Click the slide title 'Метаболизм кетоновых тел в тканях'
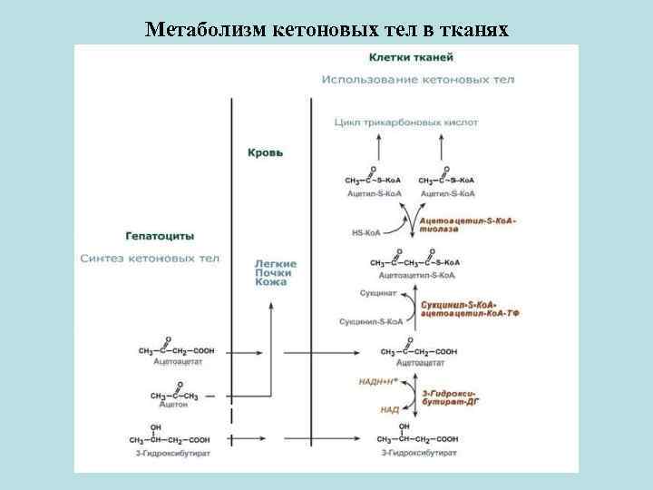pyautogui.click(x=327, y=30)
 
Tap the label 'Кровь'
pyautogui.click(x=265, y=152)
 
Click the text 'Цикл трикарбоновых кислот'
pyautogui.click(x=405, y=122)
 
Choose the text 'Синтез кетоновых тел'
pyautogui.click(x=150, y=258)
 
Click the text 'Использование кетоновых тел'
pyautogui.click(x=417, y=80)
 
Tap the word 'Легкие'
pyautogui.click(x=275, y=263)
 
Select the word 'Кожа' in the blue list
pyautogui.click(x=270, y=282)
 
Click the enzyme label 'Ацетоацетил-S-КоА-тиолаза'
pyautogui.click(x=466, y=225)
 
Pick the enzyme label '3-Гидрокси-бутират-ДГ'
pyautogui.click(x=450, y=395)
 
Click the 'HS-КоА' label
pyautogui.click(x=366, y=232)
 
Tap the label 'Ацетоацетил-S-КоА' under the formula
pyautogui.click(x=417, y=274)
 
